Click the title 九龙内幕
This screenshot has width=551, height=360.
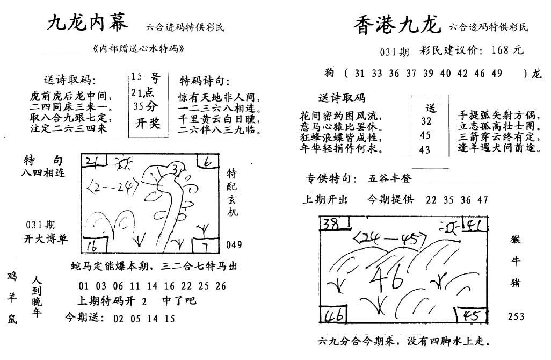click(x=88, y=23)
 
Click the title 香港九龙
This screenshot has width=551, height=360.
click(x=397, y=25)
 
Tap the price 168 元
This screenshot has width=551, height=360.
click(x=508, y=50)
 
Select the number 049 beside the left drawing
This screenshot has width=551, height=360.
click(x=234, y=244)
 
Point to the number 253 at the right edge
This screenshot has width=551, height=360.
click(x=516, y=316)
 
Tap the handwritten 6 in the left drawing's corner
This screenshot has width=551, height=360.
click(x=208, y=162)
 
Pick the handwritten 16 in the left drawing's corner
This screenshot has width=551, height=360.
click(x=92, y=246)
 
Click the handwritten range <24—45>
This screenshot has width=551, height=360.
click(x=389, y=239)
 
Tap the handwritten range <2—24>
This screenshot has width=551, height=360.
click(x=112, y=186)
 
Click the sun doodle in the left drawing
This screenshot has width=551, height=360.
click(x=124, y=163)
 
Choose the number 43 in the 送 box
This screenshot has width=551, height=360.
click(x=425, y=150)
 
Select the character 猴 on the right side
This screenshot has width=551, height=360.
click(x=515, y=240)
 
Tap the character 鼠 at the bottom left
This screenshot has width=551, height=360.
click(x=12, y=319)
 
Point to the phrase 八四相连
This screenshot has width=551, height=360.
click(x=44, y=173)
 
